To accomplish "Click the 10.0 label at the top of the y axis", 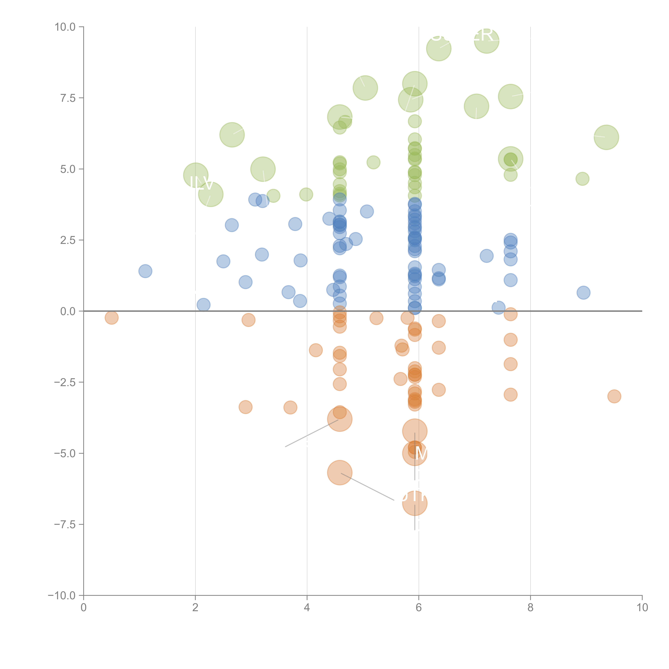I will [x=65, y=27].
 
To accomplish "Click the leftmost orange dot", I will [x=111, y=318].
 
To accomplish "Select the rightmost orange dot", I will [x=614, y=396].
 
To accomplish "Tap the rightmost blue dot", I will [x=584, y=293].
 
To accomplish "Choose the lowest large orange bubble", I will [x=415, y=503].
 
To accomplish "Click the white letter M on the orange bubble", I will [x=421, y=453].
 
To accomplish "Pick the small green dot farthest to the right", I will [x=582, y=179].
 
